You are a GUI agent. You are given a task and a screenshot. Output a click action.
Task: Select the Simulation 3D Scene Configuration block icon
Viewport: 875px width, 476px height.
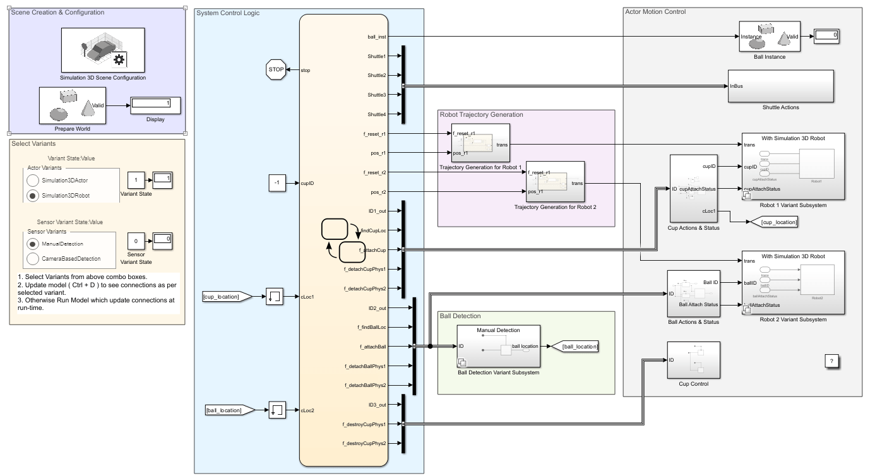click(x=102, y=51)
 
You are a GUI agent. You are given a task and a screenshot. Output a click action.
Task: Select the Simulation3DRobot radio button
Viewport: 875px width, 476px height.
click(x=33, y=196)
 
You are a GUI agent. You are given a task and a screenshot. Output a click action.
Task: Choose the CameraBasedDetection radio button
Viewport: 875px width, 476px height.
click(x=33, y=258)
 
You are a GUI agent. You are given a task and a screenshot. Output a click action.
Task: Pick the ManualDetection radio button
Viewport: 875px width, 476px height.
click(x=33, y=243)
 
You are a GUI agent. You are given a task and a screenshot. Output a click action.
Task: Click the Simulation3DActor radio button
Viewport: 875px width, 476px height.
click(x=33, y=181)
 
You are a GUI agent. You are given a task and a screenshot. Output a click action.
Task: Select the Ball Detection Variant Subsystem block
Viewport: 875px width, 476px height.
click(x=498, y=346)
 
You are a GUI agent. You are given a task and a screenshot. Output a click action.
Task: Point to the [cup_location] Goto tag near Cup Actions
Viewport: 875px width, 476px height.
click(x=772, y=222)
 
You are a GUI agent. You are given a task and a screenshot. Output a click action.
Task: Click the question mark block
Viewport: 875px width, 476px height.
click(x=831, y=361)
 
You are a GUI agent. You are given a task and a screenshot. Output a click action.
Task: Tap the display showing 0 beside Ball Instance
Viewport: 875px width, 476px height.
click(x=826, y=36)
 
